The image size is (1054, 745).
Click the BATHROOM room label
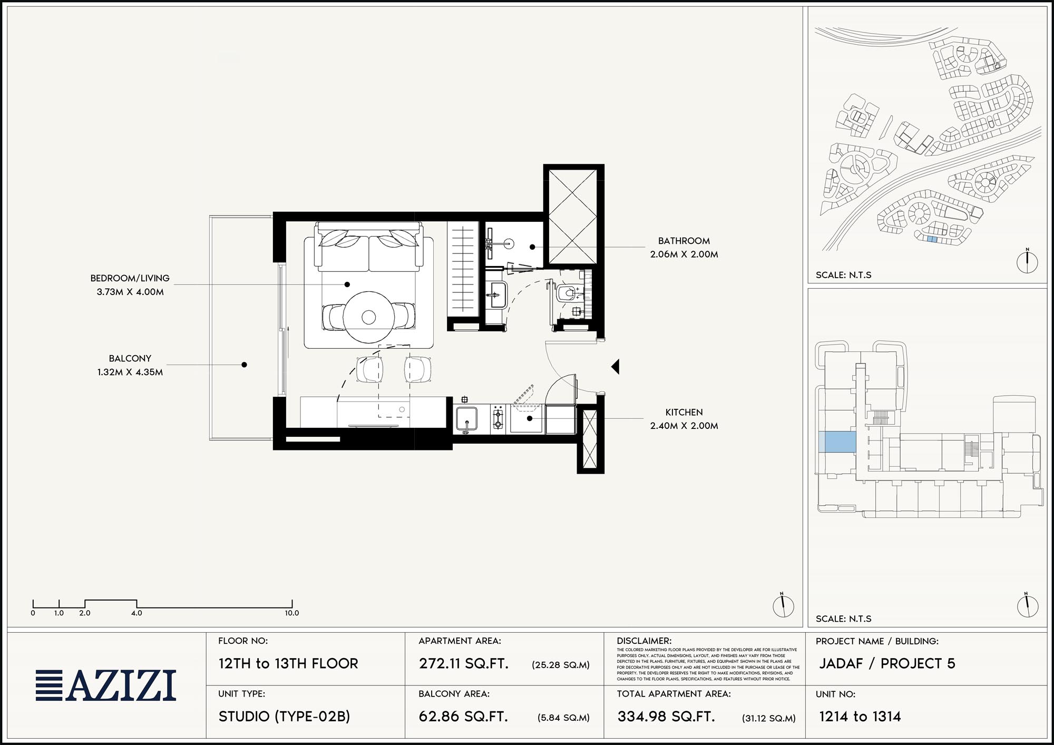tap(684, 241)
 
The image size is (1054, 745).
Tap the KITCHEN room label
tap(684, 412)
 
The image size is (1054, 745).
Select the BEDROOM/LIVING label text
tap(130, 278)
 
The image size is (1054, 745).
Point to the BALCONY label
tap(130, 358)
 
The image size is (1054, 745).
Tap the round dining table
tap(368, 317)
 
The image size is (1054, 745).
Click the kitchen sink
tap(466, 419)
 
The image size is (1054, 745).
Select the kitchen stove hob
tap(498, 419)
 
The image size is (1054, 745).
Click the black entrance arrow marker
tap(615, 366)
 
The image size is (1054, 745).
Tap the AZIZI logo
tap(106, 685)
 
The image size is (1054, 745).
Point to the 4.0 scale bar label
tap(136, 613)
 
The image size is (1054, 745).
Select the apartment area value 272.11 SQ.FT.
tap(464, 663)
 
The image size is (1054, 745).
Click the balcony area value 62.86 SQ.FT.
tap(463, 717)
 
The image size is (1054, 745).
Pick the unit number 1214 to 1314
tap(860, 717)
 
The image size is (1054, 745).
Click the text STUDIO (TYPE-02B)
tap(285, 717)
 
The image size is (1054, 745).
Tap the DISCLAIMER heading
tap(644, 641)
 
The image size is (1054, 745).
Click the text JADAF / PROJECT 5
tap(887, 663)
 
